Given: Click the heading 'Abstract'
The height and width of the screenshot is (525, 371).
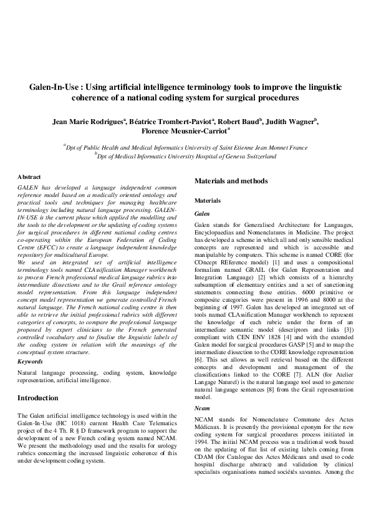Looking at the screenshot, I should tap(29, 177).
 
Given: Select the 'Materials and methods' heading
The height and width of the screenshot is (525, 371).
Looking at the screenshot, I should tap(231, 181).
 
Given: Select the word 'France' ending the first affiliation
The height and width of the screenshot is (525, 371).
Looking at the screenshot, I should tap(281, 148).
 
